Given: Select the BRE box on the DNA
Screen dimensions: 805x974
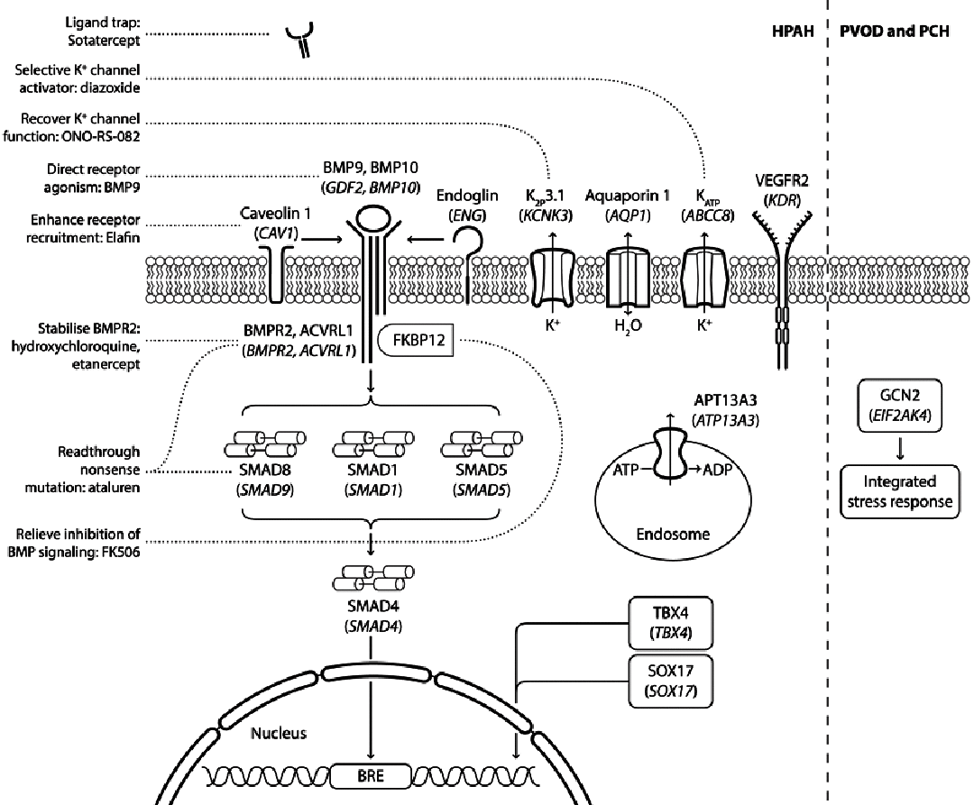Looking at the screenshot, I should click(x=370, y=773).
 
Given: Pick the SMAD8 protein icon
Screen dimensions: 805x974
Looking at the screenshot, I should click(x=255, y=448).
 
